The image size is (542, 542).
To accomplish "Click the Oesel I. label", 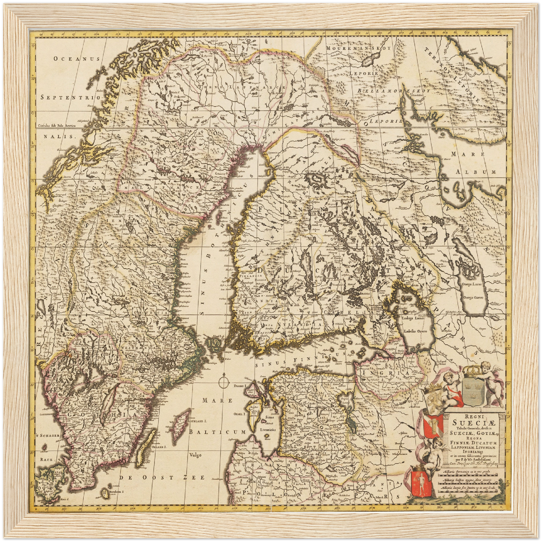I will coord(239,414).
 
